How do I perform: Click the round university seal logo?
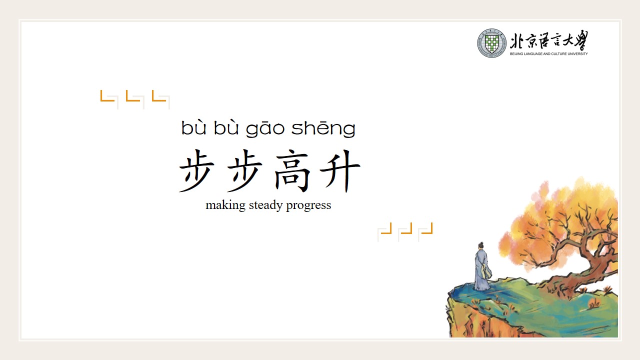(491, 43)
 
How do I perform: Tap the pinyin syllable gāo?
(265, 128)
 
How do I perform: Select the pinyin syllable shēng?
(323, 128)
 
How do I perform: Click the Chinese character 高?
(291, 170)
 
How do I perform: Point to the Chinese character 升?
(340, 170)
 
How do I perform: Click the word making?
(225, 205)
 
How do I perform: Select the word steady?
(265, 205)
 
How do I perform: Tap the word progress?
(308, 205)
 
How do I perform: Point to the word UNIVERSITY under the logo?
(578, 53)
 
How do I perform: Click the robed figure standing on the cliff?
(482, 266)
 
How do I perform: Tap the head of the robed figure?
(481, 245)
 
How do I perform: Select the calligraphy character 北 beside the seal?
(516, 41)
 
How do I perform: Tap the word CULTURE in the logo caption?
(559, 53)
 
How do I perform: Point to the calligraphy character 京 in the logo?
(530, 41)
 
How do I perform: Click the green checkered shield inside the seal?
(491, 43)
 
